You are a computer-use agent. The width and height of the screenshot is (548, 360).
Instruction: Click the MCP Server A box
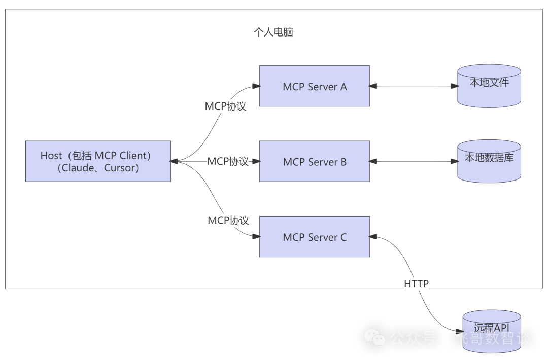(315, 86)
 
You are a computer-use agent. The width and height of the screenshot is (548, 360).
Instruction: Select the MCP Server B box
(315, 162)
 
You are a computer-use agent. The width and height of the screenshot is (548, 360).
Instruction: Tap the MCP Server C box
(315, 237)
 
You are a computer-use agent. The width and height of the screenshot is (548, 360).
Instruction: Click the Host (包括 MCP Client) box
(98, 162)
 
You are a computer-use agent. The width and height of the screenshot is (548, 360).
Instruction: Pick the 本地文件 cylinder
(489, 86)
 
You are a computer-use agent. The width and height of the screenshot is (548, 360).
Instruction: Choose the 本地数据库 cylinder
(489, 161)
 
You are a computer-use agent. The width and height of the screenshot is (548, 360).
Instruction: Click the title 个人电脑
(273, 32)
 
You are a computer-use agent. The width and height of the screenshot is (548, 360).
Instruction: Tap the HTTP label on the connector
(417, 284)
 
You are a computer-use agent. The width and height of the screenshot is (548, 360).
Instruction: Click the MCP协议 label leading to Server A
(225, 106)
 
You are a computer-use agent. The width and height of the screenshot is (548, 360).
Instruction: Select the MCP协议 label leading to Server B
(228, 162)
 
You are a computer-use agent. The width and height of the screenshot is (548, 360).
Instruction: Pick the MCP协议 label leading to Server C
(228, 221)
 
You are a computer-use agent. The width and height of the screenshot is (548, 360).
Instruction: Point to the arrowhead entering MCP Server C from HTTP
(373, 236)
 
